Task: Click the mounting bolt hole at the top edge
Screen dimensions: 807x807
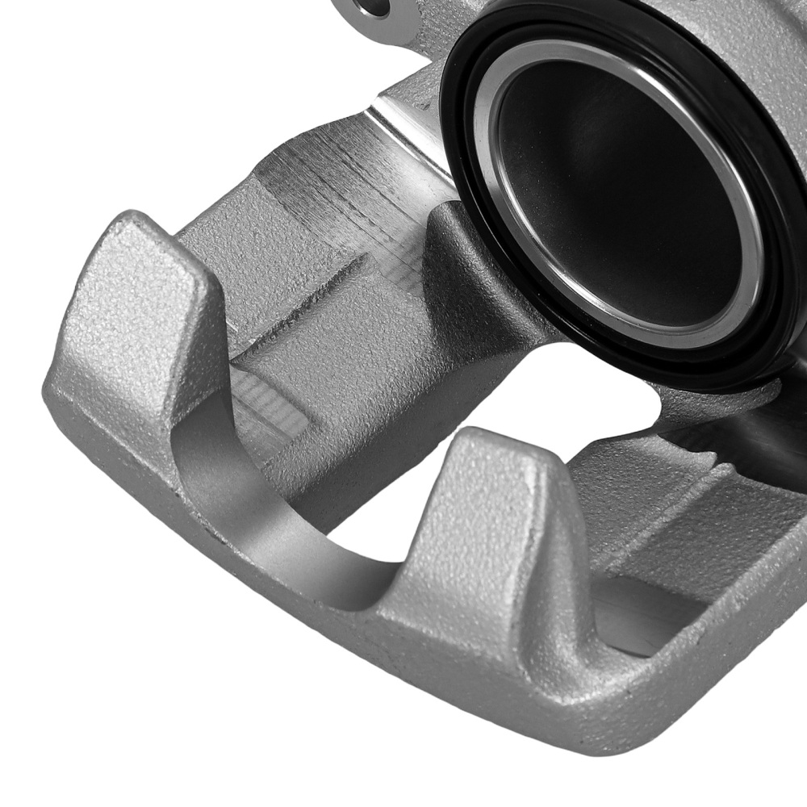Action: pos(374,7)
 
